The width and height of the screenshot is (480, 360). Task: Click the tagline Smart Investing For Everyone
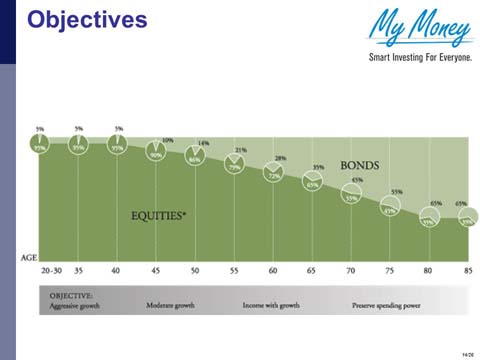pos(420,57)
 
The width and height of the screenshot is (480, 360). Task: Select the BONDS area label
pos(359,165)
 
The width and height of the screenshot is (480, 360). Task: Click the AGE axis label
pos(29,257)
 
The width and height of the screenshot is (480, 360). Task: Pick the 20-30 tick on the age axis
pos(50,271)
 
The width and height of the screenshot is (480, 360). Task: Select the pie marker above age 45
pos(156,153)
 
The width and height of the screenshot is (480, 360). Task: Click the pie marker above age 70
pos(352,197)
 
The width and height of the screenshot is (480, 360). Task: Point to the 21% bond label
pos(240,151)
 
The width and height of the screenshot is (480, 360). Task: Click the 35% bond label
pos(318,168)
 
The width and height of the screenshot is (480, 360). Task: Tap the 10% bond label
pos(167,140)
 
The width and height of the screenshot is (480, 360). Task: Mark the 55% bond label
pos(396,191)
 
